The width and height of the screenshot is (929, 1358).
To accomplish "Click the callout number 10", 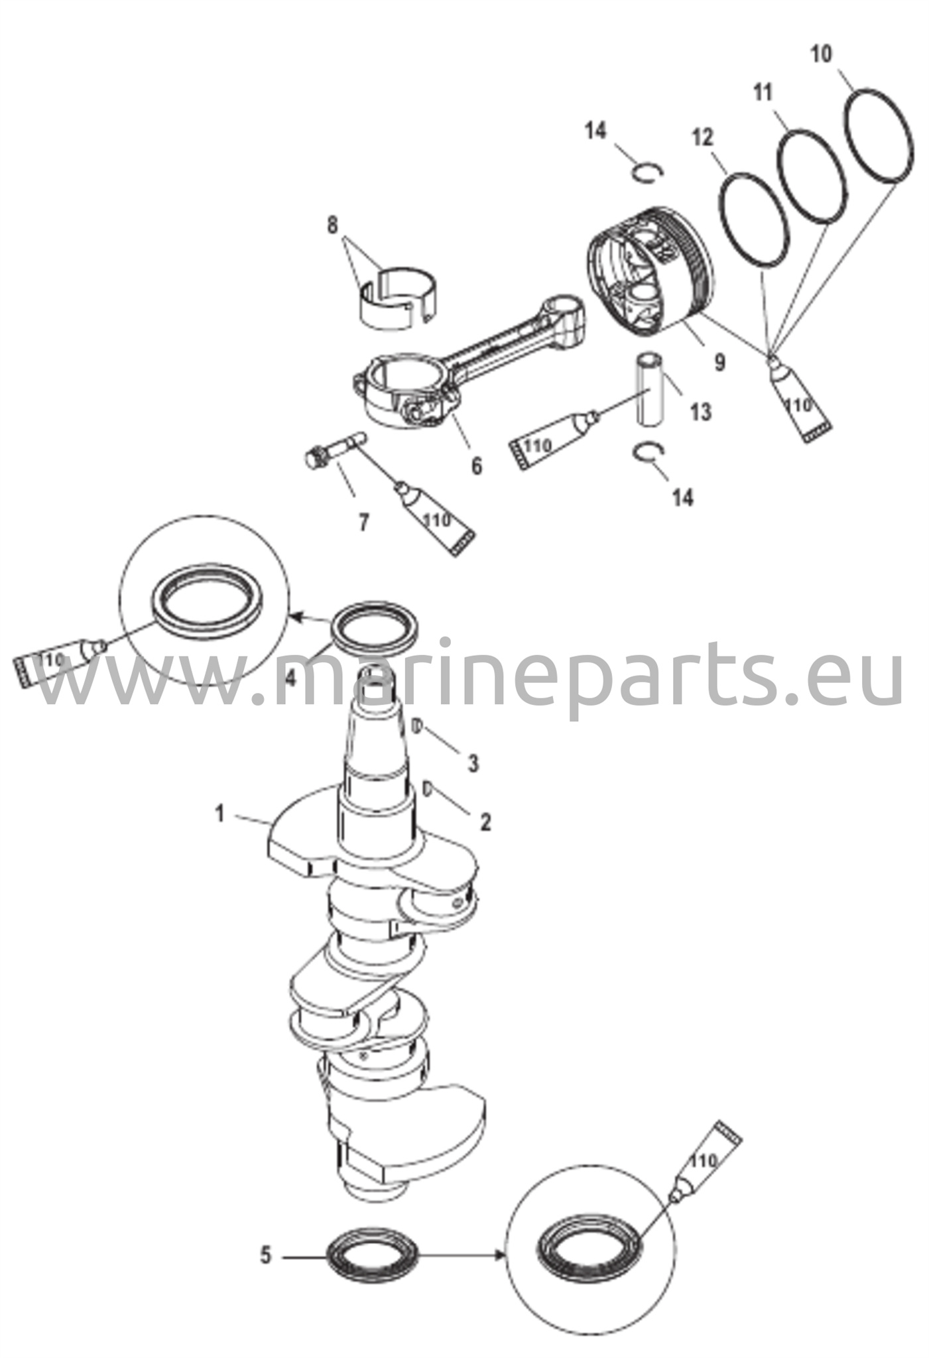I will [821, 54].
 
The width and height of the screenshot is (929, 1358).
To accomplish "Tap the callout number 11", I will [763, 92].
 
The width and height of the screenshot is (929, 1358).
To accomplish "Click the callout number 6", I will [476, 465].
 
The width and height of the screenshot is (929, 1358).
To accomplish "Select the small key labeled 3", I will [418, 725].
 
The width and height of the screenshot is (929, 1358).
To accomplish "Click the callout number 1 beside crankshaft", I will [220, 814].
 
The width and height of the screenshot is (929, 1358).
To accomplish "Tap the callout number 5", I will [266, 1255].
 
